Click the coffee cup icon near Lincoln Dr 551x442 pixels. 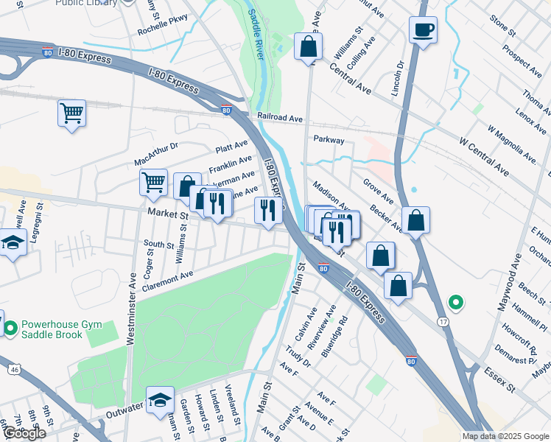(423, 31)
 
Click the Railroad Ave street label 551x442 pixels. (280, 118)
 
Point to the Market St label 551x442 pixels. (168, 213)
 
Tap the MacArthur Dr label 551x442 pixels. (156, 155)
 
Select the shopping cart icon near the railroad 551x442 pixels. (71, 113)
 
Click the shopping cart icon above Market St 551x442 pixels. (152, 181)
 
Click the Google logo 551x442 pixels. (24, 433)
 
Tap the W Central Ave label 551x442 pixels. (483, 155)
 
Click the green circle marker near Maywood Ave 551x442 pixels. (456, 301)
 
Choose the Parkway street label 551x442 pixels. (329, 139)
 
